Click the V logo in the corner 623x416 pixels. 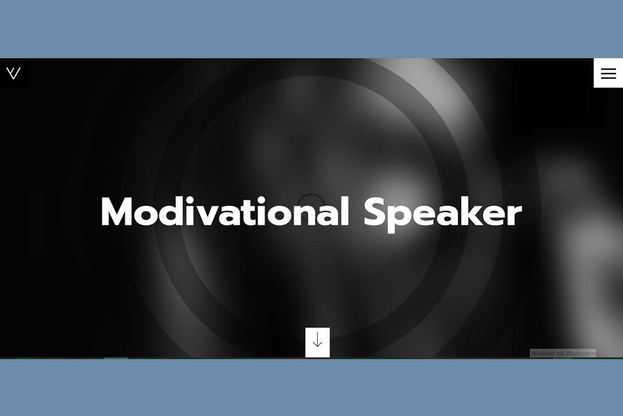click(x=13, y=73)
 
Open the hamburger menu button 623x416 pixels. click(x=608, y=73)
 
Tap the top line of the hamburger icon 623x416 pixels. click(x=608, y=69)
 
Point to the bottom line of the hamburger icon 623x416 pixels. click(x=608, y=77)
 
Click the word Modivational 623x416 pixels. click(x=225, y=211)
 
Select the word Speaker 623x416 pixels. click(x=442, y=214)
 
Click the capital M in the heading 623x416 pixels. click(x=117, y=211)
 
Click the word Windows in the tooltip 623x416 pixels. click(x=543, y=353)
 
